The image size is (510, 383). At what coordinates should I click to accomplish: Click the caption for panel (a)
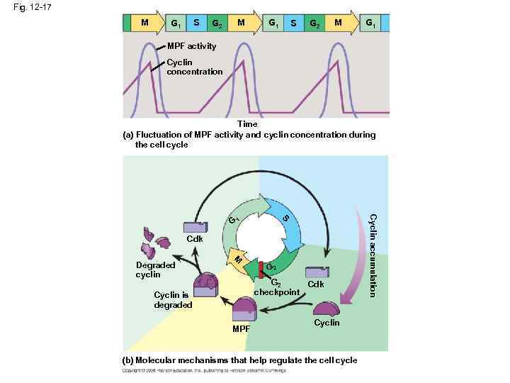coord(249,139)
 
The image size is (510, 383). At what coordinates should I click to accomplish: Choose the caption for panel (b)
coord(240,360)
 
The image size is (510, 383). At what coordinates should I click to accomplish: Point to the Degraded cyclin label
coord(155,270)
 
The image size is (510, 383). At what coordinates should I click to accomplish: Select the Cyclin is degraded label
coord(173,300)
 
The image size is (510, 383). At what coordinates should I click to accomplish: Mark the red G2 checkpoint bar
coord(261,268)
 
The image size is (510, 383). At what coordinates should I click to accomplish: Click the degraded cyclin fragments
coord(154,241)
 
